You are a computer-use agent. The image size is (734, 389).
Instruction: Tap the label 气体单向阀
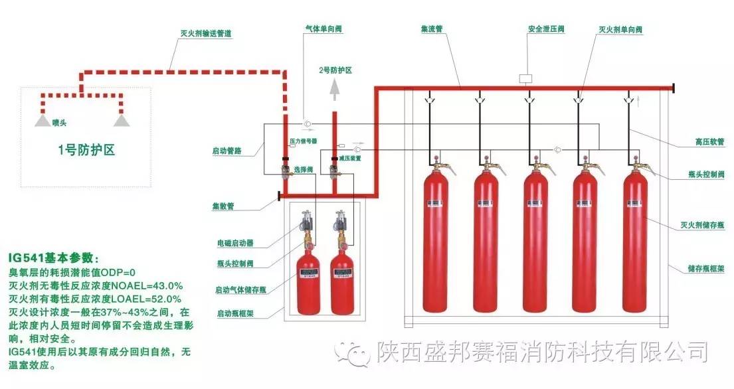tap(324, 30)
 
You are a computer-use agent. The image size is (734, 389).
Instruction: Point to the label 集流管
tap(432, 30)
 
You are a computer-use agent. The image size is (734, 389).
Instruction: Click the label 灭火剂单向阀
tap(620, 30)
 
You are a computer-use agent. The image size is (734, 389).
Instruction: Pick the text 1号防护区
tap(86, 150)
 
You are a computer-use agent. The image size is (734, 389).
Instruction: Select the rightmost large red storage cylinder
tap(635, 246)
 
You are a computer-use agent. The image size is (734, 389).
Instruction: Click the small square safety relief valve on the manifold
tap(525, 77)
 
